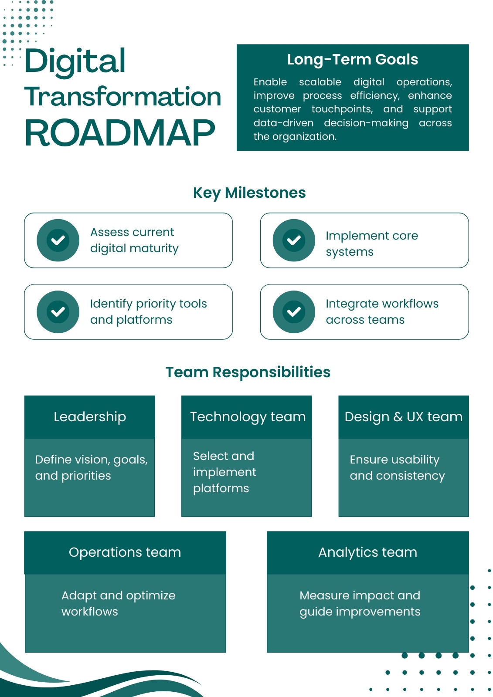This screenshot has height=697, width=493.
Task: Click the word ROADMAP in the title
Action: point(120,133)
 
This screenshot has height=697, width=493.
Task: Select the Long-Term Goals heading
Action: point(352,59)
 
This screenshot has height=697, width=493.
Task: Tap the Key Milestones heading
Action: point(249,193)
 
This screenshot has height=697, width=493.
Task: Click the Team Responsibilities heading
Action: point(248,372)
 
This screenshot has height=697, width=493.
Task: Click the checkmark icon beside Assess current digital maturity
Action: point(58,240)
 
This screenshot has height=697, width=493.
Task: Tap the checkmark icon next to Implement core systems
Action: point(294,240)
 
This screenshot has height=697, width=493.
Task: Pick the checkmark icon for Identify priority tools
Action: point(58,312)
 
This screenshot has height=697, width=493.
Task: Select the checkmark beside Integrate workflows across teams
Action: point(294,312)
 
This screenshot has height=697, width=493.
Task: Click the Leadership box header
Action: point(90,417)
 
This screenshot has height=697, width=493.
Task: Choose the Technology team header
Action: point(247,417)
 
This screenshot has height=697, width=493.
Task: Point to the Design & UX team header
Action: point(404,417)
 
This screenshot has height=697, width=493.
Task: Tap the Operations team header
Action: point(125,553)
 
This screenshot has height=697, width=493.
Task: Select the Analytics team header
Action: point(368,553)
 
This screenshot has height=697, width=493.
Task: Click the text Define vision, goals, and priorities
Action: point(91,468)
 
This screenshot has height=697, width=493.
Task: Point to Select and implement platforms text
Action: point(224,472)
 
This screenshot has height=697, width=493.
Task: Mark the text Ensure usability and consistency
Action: point(397,468)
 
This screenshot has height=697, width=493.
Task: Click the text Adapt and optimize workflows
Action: point(118,603)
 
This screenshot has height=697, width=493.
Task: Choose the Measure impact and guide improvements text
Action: point(360,604)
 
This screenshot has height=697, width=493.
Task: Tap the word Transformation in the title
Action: point(122,96)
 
